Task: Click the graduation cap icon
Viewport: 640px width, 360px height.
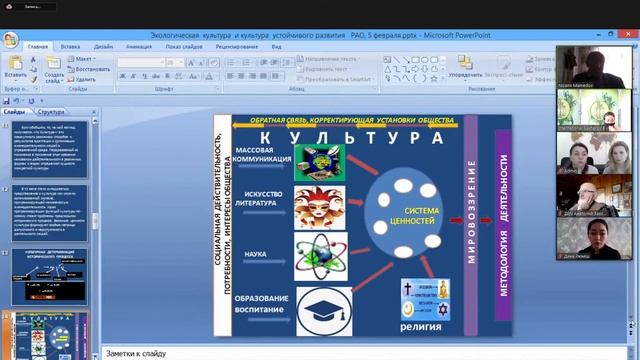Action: pyautogui.click(x=324, y=309)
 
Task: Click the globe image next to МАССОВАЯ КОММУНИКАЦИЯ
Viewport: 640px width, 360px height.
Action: pyautogui.click(x=319, y=160)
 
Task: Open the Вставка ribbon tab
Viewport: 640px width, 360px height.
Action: pyautogui.click(x=70, y=46)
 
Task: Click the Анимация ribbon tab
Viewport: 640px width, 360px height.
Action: pyautogui.click(x=139, y=46)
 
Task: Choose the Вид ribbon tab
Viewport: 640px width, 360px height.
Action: pyautogui.click(x=275, y=46)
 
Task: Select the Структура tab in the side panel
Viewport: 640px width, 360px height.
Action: pyautogui.click(x=50, y=113)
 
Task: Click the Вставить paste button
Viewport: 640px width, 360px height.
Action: pyautogui.click(x=15, y=69)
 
